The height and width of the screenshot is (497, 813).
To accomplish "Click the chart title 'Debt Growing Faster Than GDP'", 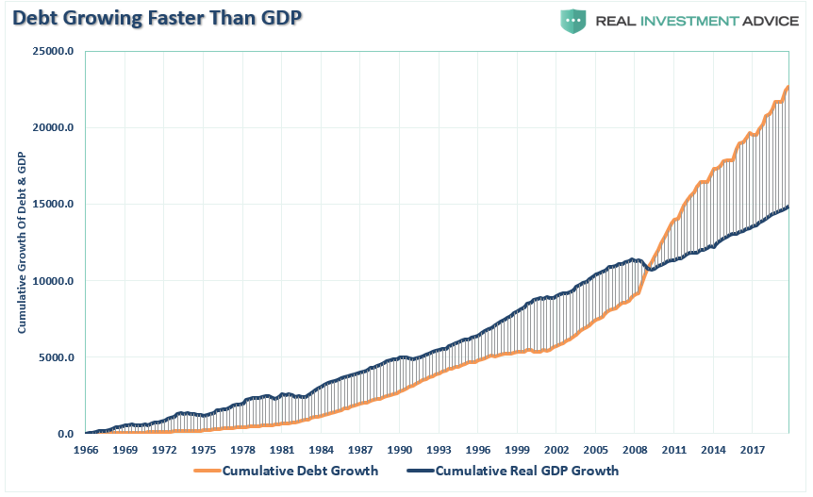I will [152, 18].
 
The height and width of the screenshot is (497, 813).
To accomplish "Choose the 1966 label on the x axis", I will [85, 449].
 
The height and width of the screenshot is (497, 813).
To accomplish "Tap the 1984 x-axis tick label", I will [321, 449].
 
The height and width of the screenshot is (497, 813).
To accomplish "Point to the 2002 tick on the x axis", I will [556, 449].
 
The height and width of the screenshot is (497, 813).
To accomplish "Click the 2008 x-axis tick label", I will [635, 449].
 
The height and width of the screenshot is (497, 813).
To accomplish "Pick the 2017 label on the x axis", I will [753, 449].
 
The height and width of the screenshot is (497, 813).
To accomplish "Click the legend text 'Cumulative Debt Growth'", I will [300, 470].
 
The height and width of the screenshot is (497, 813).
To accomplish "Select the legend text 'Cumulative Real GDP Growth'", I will [527, 470].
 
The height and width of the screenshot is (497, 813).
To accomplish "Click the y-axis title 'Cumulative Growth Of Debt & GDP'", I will [20, 241].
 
